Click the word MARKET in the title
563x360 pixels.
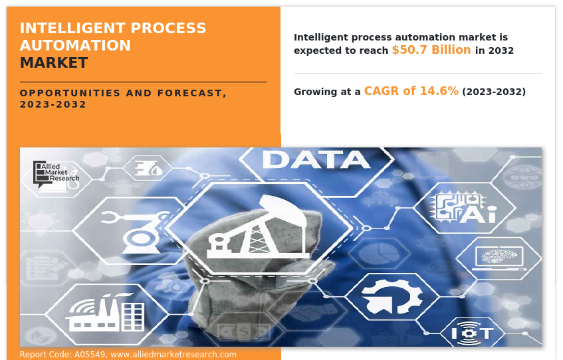tap(54, 63)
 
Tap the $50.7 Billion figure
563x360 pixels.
tap(431, 50)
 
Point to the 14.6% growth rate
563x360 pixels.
tap(439, 91)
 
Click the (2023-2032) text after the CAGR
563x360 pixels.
tap(494, 92)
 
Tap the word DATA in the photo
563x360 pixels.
tap(316, 159)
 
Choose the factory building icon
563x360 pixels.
tap(105, 312)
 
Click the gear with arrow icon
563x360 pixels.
tap(392, 297)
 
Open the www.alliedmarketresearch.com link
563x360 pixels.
tap(173, 355)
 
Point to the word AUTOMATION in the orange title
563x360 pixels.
tap(75, 46)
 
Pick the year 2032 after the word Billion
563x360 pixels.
tap(501, 50)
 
